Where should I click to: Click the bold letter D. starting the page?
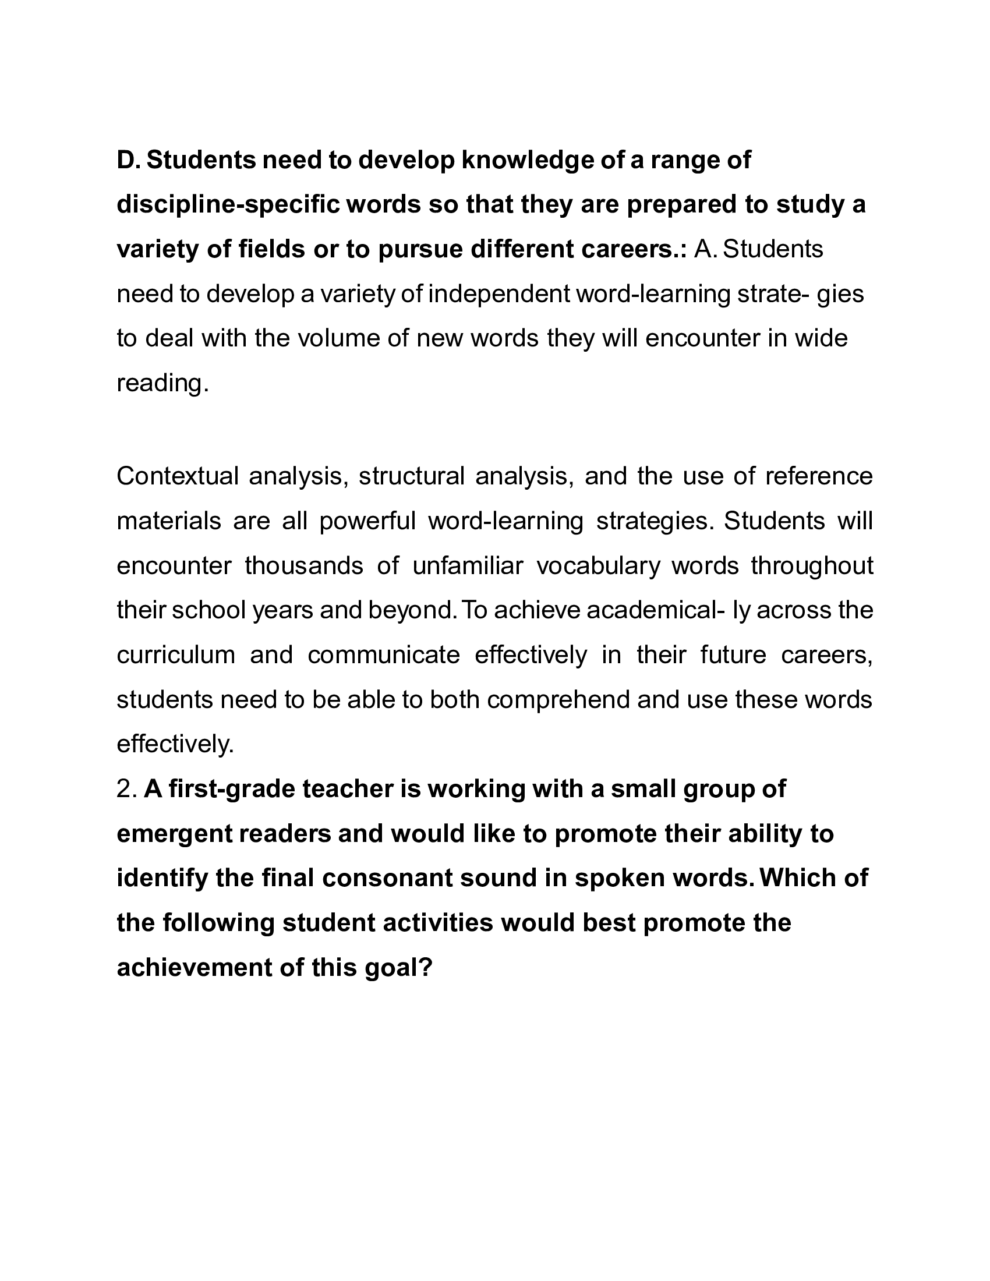128,160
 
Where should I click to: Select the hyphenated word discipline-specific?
228,205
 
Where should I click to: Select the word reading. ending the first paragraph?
162,383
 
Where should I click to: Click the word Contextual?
178,476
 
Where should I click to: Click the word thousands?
304,565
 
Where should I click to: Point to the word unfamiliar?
468,565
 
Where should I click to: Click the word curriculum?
176,654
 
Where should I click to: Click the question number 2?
127,789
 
